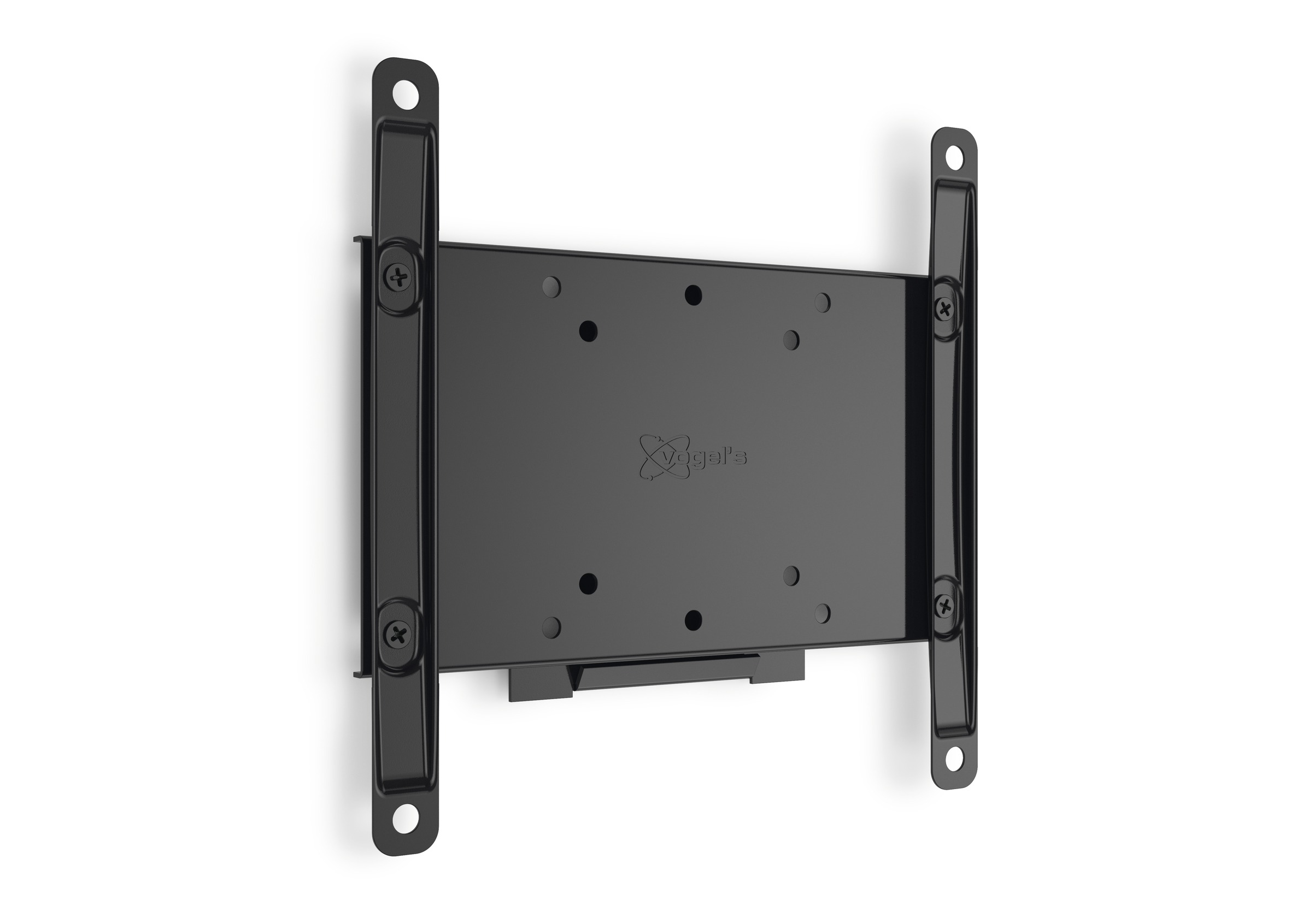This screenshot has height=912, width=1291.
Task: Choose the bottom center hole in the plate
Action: pyautogui.click(x=693, y=619)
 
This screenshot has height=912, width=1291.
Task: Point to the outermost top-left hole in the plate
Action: pyautogui.click(x=551, y=287)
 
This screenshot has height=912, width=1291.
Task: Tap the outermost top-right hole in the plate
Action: pyautogui.click(x=822, y=301)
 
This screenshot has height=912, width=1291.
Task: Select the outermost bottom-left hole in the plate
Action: pyautogui.click(x=551, y=625)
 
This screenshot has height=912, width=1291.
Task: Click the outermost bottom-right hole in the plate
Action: pyautogui.click(x=822, y=612)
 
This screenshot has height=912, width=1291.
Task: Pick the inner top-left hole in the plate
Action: pyautogui.click(x=588, y=329)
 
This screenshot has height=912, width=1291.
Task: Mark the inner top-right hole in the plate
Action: pyautogui.click(x=791, y=338)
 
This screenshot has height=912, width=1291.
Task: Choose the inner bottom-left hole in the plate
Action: pyautogui.click(x=588, y=583)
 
